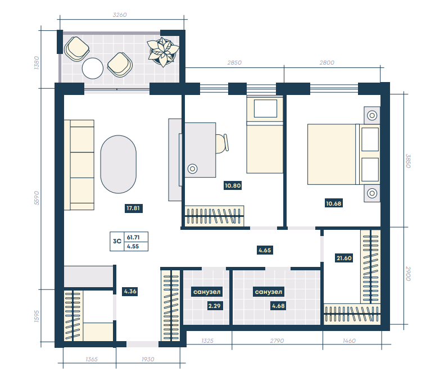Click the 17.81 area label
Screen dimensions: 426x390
[133, 208]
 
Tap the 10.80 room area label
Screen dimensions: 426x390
[233, 186]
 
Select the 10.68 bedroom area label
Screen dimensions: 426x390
[334, 203]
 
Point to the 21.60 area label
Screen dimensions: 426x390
[344, 258]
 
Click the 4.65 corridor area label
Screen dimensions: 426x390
[265, 250]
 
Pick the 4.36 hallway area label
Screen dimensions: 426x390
[130, 292]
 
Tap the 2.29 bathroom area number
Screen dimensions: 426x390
[214, 306]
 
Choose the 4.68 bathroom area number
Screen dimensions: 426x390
[279, 306]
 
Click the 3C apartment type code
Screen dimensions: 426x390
[117, 241]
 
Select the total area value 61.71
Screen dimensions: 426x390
[133, 237]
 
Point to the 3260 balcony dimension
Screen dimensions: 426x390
[120, 15]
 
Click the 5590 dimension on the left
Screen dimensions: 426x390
[37, 198]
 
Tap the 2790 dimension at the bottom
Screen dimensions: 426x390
[277, 341]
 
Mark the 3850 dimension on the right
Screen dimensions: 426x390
[408, 161]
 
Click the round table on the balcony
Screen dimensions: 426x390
[93, 68]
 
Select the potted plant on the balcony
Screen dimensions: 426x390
[163, 52]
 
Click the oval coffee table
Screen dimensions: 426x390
[119, 164]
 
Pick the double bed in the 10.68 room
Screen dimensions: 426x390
[343, 155]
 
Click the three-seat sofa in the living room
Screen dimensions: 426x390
[79, 165]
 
